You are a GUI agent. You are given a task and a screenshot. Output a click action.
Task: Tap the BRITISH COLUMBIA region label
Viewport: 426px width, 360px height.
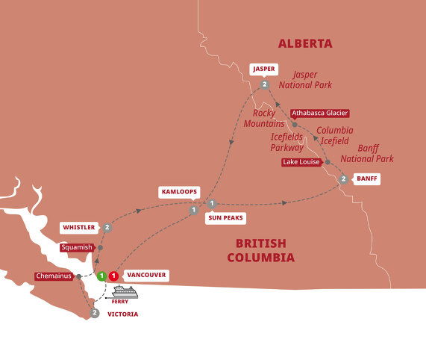click(265, 250)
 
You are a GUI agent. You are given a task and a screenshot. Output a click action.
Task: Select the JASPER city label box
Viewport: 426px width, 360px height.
click(264, 69)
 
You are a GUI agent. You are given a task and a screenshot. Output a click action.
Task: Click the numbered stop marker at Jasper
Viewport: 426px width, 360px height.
click(265, 85)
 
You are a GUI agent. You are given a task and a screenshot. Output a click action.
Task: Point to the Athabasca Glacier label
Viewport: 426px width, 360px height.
click(319, 114)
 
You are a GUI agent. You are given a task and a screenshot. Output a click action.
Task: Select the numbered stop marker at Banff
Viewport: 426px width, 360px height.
click(342, 179)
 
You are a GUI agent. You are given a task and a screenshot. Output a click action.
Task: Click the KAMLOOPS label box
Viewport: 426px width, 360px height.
click(180, 192)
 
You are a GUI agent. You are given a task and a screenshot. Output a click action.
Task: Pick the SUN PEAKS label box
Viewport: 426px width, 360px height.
click(227, 218)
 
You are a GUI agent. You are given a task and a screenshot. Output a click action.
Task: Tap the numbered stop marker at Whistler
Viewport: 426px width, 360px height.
click(107, 227)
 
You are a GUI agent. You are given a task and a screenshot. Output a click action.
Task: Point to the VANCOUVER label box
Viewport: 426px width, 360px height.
click(146, 275)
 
